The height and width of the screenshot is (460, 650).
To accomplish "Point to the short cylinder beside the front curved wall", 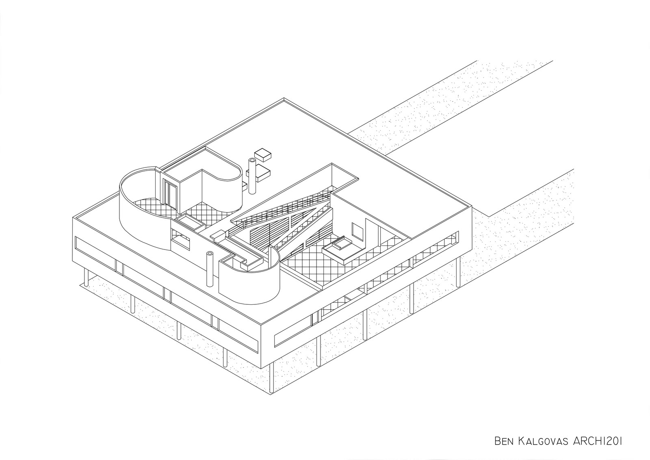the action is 210,270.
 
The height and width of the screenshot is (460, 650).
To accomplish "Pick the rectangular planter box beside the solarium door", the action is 190,222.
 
